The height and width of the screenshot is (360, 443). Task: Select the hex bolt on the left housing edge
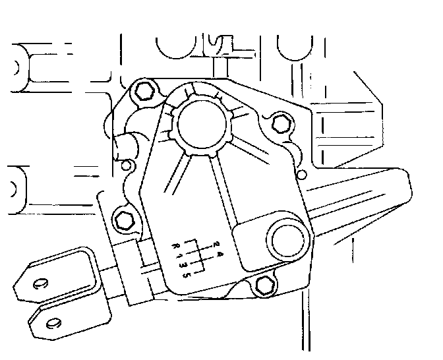(123, 220)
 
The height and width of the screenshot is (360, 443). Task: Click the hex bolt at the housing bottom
(264, 284)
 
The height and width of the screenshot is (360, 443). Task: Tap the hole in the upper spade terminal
(41, 285)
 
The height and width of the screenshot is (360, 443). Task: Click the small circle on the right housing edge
(302, 174)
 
